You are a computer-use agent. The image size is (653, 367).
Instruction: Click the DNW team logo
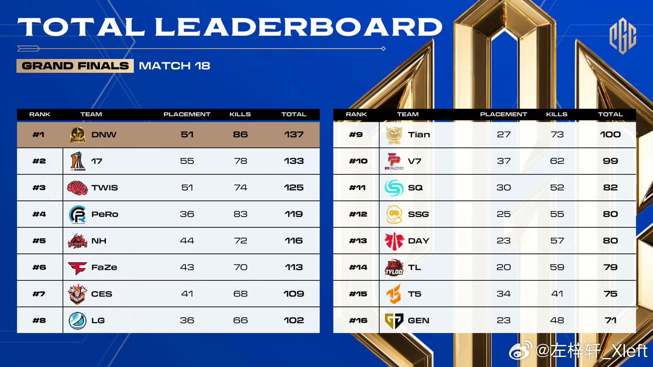point(78,135)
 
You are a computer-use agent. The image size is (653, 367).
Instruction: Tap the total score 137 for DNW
point(294,134)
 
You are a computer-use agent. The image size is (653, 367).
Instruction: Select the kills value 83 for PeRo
point(240,214)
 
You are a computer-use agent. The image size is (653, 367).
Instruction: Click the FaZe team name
point(104,267)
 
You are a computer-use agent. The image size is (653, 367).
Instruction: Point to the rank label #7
point(39,294)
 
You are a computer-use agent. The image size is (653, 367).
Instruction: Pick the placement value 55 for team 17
point(187,161)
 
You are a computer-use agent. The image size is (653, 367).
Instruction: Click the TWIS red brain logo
point(77,187)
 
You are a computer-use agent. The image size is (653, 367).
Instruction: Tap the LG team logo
point(77,320)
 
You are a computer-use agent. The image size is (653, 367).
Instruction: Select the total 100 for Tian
point(610,134)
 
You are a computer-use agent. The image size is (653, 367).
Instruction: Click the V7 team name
point(415,161)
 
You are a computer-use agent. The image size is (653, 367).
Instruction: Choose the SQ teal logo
point(394,187)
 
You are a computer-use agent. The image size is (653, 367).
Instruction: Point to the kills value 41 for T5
point(557,294)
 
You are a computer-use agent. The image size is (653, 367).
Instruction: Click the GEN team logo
point(394,320)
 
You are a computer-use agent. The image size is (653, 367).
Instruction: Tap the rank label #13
point(358,241)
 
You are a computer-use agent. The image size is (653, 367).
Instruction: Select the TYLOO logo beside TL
point(394,267)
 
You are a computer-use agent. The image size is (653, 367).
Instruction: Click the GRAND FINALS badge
point(75,66)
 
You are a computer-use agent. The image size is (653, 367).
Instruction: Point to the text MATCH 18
point(175,66)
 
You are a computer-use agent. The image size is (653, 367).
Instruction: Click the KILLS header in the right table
point(557,114)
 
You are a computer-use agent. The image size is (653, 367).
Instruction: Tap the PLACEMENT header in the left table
point(187,114)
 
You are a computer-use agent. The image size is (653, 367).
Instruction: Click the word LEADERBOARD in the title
point(299,27)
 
